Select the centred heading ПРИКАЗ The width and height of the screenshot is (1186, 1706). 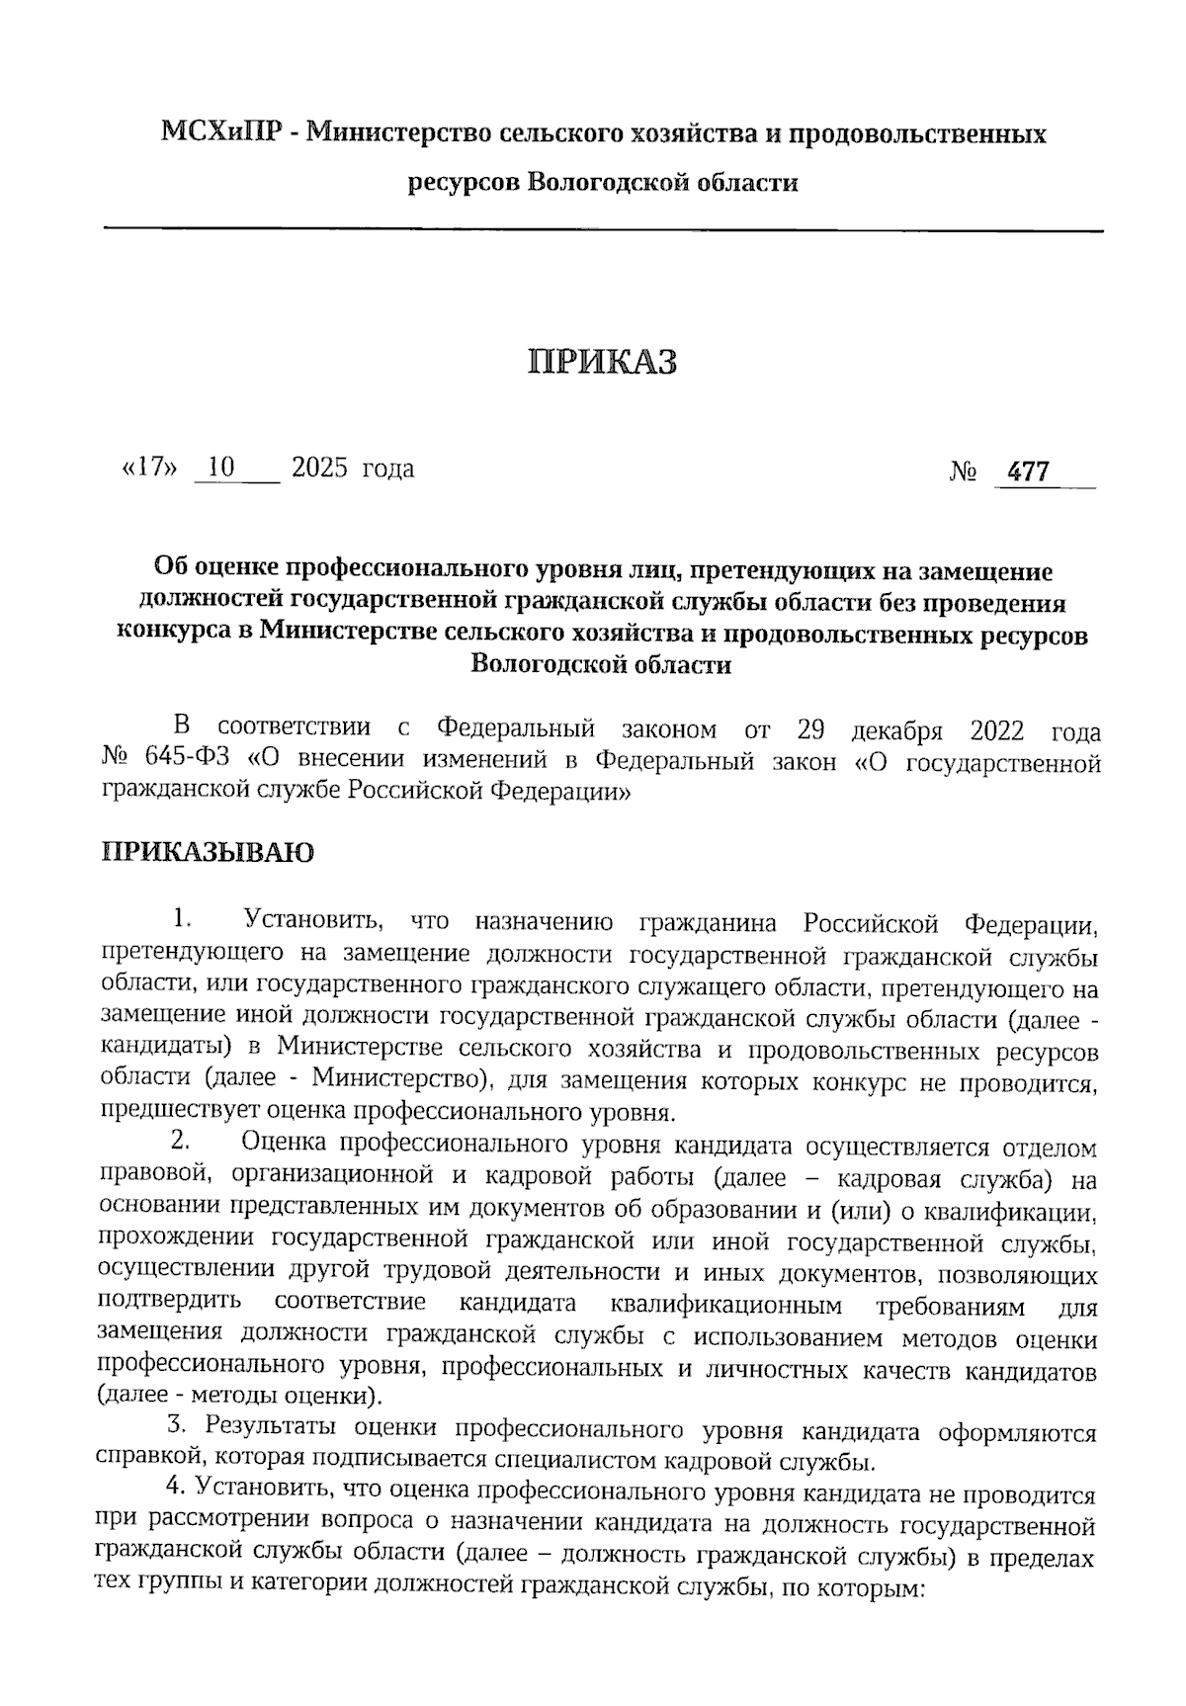(x=603, y=362)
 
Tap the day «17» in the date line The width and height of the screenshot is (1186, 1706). (x=149, y=469)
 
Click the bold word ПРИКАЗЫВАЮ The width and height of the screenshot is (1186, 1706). (x=208, y=853)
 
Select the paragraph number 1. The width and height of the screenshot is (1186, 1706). (x=179, y=919)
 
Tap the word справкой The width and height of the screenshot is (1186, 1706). (x=147, y=1460)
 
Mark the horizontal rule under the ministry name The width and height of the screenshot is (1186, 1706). (x=603, y=230)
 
